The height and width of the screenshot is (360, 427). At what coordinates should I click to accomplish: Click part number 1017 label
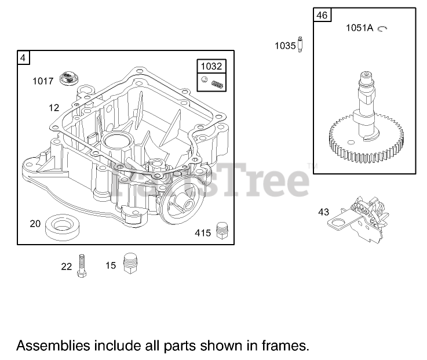click(x=43, y=81)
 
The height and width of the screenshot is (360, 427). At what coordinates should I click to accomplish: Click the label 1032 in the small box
click(x=211, y=67)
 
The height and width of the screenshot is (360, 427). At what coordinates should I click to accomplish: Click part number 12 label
click(x=54, y=107)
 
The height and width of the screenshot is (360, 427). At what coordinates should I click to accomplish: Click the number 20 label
click(x=35, y=223)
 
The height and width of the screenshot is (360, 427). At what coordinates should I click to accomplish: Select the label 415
click(x=203, y=232)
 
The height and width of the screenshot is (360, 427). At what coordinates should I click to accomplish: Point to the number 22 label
click(x=67, y=267)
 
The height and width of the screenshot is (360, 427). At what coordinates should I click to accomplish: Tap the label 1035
click(x=285, y=45)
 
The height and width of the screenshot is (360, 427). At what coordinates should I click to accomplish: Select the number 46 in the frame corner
click(x=322, y=15)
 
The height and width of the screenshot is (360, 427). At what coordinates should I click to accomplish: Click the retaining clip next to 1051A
click(x=382, y=27)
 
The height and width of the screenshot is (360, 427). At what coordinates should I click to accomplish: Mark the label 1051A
click(x=360, y=27)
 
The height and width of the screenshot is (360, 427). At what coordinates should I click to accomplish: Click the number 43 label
click(x=323, y=212)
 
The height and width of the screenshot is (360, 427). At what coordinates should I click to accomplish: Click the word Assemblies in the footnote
click(x=53, y=346)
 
